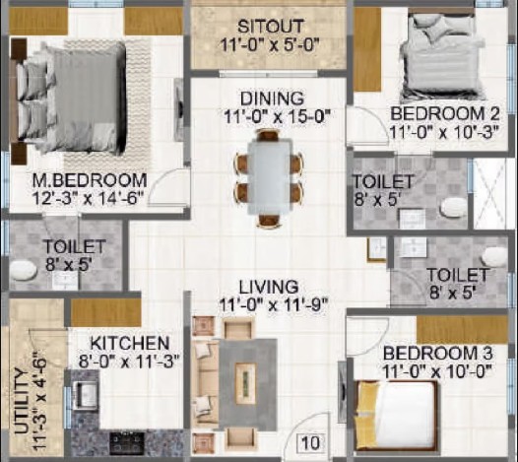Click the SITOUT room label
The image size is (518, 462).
271,27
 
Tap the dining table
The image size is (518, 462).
270,177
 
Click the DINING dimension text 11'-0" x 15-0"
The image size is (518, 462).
277,116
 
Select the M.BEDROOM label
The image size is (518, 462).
90,180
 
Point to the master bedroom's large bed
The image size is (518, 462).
71,97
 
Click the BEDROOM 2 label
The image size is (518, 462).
445,114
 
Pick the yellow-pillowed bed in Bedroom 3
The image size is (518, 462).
396,416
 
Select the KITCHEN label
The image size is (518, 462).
130,344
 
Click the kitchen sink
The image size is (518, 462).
85,395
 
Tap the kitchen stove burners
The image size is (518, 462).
127,442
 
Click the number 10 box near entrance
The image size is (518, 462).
310,443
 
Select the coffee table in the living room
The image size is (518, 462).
246,383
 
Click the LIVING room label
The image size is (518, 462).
269,287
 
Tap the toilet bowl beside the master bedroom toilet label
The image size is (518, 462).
23,271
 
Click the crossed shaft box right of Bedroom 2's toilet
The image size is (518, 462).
489,193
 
